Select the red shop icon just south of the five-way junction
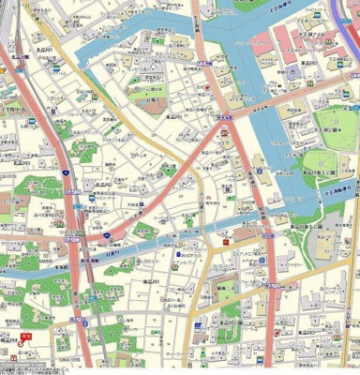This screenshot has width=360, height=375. pos(225,138)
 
